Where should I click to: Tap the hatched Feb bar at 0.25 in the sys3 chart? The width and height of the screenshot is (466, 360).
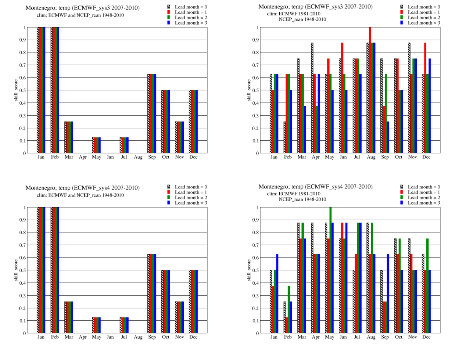tap(284, 137)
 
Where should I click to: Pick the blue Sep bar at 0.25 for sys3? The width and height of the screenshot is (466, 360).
tap(388, 137)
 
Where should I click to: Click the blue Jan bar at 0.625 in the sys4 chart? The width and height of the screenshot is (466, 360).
tap(277, 294)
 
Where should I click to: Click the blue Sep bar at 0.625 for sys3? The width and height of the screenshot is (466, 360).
tap(155, 114)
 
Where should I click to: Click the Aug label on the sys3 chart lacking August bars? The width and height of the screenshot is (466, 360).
tap(138, 157)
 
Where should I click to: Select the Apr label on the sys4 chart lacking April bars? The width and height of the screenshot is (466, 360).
tap(83, 337)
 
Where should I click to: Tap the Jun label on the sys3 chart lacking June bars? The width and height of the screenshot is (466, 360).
tap(110, 157)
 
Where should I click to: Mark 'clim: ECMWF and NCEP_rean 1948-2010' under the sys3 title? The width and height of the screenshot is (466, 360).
tap(80, 15)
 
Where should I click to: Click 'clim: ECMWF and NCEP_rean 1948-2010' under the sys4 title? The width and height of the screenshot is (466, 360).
tap(80, 195)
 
